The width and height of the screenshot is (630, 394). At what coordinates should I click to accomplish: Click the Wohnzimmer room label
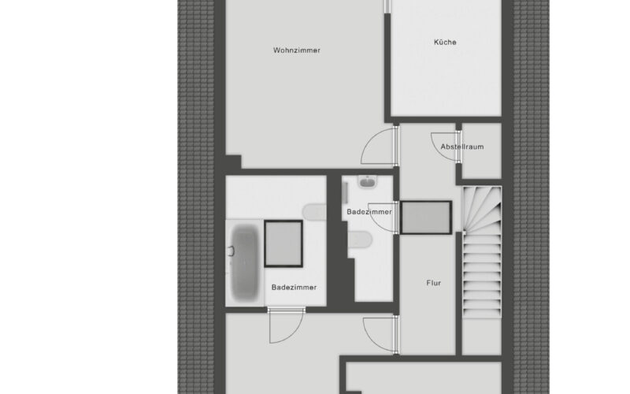tap(297, 50)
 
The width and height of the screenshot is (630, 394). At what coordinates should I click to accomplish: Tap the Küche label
tap(445, 42)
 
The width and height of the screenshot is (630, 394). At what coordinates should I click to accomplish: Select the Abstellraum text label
tap(462, 147)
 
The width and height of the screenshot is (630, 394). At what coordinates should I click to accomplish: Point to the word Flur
tap(434, 283)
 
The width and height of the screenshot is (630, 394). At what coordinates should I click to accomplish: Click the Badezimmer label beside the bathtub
tap(294, 288)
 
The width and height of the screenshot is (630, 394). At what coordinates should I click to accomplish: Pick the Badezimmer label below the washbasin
tap(369, 212)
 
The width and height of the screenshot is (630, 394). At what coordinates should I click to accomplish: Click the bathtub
tap(244, 263)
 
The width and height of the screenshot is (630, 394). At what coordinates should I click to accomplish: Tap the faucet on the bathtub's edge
tap(231, 251)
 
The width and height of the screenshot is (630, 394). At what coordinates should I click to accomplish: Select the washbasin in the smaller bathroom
tap(367, 182)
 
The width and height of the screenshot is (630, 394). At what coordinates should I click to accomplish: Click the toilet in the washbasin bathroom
tap(360, 240)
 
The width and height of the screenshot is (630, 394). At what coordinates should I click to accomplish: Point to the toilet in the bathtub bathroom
tap(314, 212)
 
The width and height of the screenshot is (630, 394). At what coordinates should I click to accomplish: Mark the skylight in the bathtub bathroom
tap(283, 243)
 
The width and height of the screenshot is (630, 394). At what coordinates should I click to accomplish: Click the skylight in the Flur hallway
tap(426, 217)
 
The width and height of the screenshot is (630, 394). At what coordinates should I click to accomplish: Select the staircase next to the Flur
tap(482, 252)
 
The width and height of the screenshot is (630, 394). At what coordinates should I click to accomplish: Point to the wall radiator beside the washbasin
tap(345, 192)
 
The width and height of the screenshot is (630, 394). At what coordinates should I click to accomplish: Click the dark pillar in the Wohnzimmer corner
tap(233, 162)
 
